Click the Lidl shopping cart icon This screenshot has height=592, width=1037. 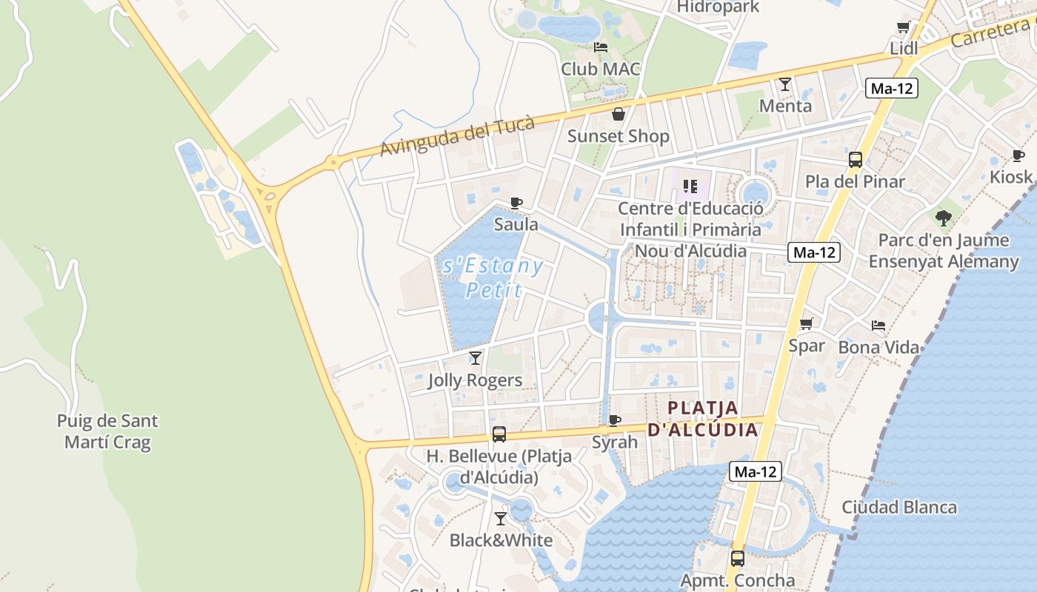point(904,27)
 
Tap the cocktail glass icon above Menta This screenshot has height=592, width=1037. point(785,84)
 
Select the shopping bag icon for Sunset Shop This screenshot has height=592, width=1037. point(618,114)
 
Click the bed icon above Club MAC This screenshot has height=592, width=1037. point(601,47)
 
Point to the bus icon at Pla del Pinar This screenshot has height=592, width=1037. point(856,159)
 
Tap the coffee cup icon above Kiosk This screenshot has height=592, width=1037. point(1018,155)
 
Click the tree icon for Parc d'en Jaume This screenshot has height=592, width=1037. point(943,218)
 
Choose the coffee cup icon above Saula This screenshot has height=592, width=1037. point(516,203)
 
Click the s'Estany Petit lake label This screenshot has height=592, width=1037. point(492,277)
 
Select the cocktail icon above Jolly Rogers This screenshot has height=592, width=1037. point(476,358)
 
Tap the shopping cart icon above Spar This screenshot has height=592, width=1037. point(807,323)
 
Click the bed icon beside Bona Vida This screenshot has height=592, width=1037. point(878,325)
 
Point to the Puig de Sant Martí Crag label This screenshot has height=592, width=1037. point(107,431)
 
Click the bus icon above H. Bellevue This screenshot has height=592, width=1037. point(499,434)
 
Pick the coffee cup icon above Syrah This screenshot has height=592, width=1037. point(614,420)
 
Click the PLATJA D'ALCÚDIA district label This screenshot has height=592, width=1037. point(703,418)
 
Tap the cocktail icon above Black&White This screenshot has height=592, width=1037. point(501,518)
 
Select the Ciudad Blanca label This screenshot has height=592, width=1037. point(899,507)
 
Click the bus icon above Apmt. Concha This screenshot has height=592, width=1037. point(738,559)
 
